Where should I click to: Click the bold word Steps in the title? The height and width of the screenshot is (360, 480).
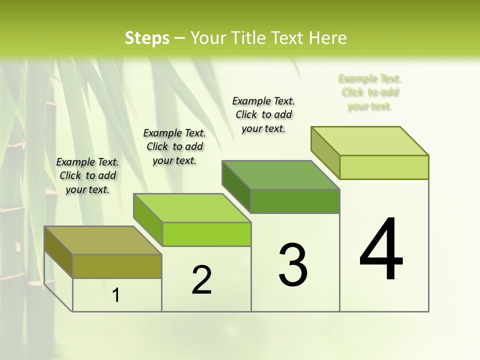(146, 38)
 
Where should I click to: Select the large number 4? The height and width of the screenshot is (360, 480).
(381, 250)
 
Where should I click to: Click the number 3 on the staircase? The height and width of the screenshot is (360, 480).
(293, 264)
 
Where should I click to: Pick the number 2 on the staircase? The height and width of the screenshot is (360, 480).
(201, 280)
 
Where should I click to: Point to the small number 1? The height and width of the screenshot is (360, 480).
(116, 295)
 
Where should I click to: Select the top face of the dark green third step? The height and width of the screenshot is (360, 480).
(280, 175)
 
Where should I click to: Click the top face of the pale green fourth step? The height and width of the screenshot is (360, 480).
(369, 141)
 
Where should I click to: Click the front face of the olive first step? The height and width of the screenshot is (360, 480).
(117, 266)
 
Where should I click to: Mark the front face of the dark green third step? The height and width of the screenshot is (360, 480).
(295, 201)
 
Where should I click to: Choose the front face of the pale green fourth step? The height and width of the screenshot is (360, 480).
(384, 167)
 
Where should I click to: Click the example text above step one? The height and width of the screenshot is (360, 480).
(87, 175)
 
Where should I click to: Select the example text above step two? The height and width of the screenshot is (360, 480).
(174, 146)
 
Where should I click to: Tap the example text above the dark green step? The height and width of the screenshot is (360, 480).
(263, 114)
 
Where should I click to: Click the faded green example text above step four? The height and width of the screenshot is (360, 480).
(369, 92)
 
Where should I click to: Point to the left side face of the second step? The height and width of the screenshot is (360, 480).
(148, 220)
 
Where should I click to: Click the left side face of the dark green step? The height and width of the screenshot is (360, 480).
(236, 187)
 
